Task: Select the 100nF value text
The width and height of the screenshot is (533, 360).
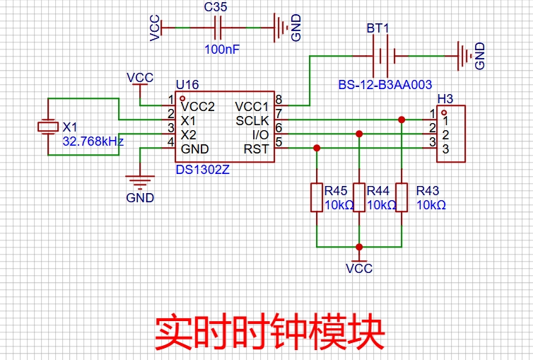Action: (221, 50)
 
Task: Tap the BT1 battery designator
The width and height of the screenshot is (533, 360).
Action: (377, 29)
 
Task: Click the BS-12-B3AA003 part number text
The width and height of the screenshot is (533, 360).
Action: (385, 85)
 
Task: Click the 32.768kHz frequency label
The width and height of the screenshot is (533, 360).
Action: (93, 141)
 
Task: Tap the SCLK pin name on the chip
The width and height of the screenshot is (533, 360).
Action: (252, 120)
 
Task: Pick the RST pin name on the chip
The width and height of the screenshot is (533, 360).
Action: (256, 149)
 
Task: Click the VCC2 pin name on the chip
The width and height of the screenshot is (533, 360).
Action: (197, 107)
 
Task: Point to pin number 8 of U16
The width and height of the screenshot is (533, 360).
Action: (279, 99)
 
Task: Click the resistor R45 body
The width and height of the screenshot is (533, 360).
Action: (317, 197)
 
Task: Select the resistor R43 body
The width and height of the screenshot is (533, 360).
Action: (402, 197)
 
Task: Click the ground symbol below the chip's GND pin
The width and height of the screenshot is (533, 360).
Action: (140, 182)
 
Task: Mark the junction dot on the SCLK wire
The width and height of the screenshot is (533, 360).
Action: (402, 120)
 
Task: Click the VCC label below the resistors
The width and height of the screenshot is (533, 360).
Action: (359, 269)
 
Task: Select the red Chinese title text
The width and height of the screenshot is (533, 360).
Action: (269, 330)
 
